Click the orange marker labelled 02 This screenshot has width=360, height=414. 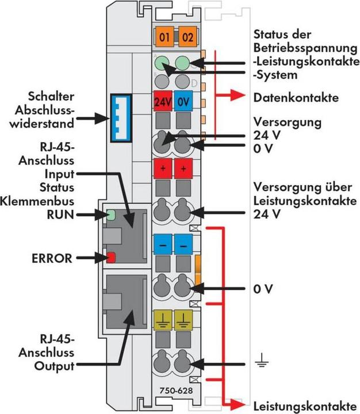(187, 39)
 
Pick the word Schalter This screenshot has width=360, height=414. (53, 95)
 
